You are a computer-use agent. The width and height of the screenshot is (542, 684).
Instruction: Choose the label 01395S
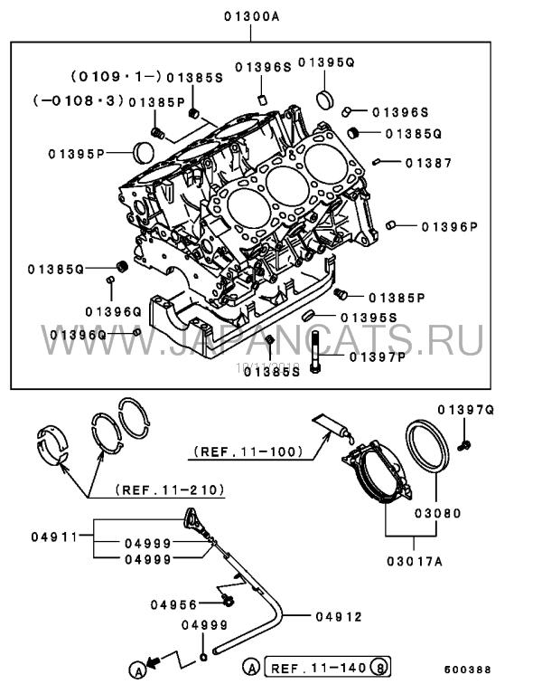point(369,318)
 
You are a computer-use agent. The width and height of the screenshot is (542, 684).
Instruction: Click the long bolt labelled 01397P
point(314,353)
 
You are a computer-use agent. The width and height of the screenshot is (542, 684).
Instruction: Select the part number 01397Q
point(466,410)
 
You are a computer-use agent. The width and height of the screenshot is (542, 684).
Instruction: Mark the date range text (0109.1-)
point(114,78)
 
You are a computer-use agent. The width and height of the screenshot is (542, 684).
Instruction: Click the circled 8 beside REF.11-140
point(383,667)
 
